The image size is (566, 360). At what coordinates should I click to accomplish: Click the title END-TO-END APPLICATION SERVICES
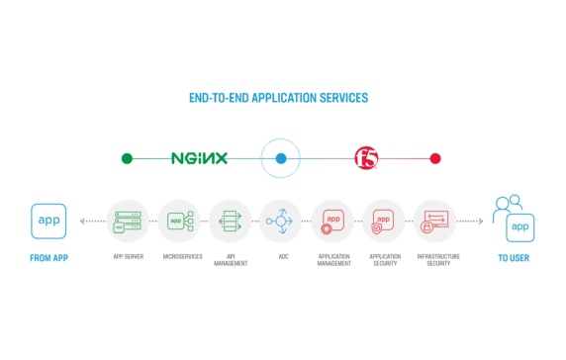tap(278, 99)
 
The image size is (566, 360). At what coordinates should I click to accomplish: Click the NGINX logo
tap(199, 158)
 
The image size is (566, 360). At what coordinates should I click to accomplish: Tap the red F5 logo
tap(367, 158)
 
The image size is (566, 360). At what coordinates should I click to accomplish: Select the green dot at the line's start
tap(127, 158)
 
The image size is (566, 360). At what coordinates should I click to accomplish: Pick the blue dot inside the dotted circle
tap(281, 158)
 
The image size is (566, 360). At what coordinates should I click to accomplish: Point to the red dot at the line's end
tap(435, 158)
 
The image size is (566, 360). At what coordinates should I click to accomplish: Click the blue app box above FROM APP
tap(48, 221)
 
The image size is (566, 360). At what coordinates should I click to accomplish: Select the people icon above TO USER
tap(508, 206)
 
